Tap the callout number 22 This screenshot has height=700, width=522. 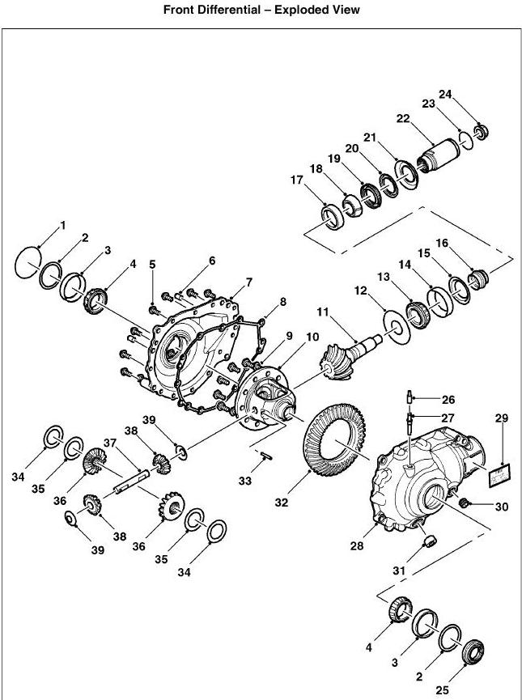[402, 118]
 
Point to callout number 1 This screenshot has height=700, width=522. [63, 224]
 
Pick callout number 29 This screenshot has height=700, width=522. [502, 418]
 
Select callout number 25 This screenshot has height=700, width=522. [441, 689]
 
